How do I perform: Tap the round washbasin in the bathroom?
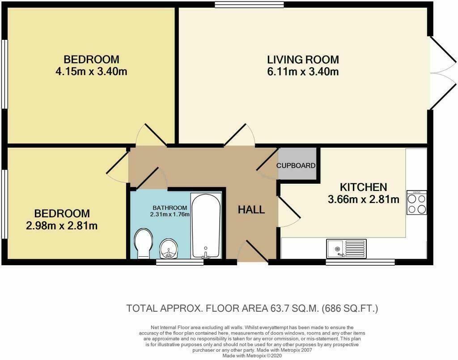(169, 248)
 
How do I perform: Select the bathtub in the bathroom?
(206, 226)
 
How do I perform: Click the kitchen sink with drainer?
(347, 249)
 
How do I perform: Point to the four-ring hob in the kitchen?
(417, 202)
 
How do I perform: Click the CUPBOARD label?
(296, 165)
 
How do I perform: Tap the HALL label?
(251, 210)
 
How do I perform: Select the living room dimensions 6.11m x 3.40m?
(303, 72)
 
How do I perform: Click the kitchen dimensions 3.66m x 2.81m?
(364, 199)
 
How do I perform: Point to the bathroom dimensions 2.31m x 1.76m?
(170, 214)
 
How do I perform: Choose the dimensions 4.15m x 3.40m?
(91, 72)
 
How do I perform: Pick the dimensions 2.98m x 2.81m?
(62, 226)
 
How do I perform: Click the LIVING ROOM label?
(303, 59)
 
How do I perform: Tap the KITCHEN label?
(364, 187)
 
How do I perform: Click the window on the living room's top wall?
(249, 4)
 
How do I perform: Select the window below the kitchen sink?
(360, 262)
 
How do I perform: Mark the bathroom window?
(180, 262)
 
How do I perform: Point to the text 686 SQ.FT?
(350, 308)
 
